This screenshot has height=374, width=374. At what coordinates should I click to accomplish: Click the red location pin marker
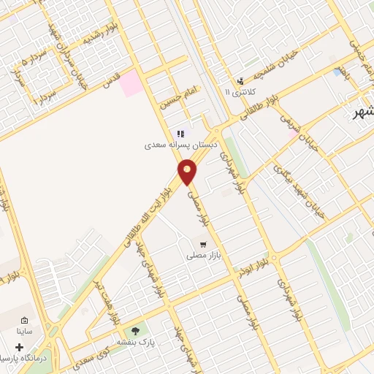(188, 173)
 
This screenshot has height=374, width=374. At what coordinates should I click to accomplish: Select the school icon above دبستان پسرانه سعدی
(180, 133)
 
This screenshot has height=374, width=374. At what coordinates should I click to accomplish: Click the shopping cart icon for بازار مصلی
(202, 245)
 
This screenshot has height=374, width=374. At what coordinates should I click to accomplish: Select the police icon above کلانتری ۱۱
(240, 80)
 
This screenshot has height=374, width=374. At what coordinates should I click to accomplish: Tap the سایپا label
(24, 331)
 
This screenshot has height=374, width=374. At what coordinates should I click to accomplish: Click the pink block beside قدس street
(131, 83)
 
